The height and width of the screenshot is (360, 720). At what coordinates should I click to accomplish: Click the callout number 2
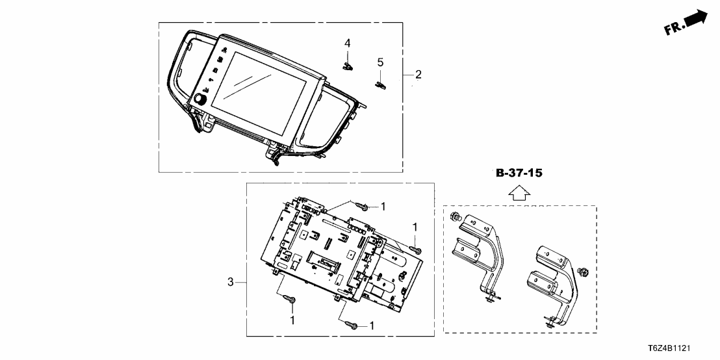click(418, 75)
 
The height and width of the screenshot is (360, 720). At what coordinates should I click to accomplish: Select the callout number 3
click(230, 282)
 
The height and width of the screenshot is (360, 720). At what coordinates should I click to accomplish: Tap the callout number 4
click(348, 43)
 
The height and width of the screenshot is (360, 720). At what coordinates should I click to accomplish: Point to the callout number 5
click(380, 62)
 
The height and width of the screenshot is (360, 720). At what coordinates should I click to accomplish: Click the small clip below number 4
click(348, 64)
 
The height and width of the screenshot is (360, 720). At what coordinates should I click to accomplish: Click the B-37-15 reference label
click(519, 174)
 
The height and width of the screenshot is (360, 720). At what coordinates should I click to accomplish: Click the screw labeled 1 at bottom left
click(292, 300)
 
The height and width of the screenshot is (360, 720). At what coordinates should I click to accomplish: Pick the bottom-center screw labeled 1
click(351, 324)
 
